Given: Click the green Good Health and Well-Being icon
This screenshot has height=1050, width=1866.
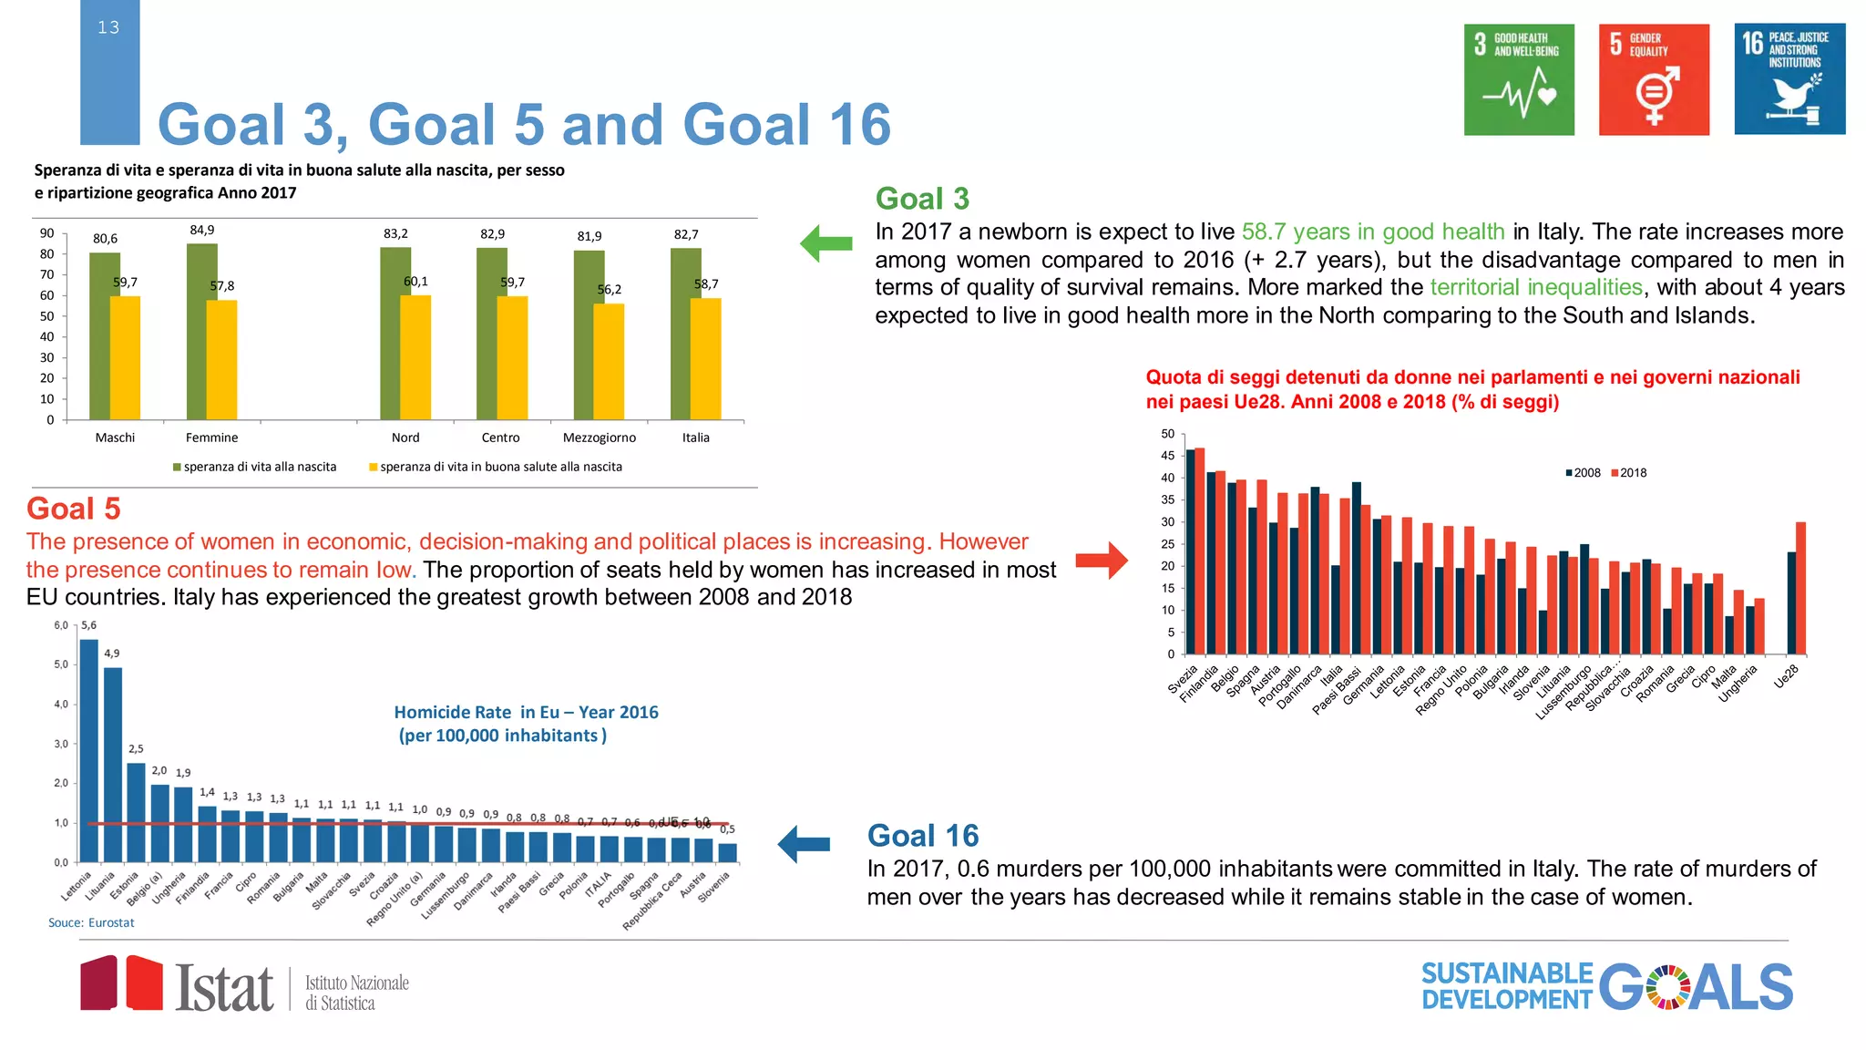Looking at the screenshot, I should tap(1519, 79).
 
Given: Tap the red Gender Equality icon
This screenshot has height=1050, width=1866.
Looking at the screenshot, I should tap(1654, 79).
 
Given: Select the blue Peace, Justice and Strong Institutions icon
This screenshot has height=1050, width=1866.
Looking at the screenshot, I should tap(1789, 79).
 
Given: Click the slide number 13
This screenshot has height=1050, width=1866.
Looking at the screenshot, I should tap(108, 27).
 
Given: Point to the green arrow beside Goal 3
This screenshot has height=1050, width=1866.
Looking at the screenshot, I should tap(825, 243).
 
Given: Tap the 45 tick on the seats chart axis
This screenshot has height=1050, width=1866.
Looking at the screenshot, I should tap(1167, 456).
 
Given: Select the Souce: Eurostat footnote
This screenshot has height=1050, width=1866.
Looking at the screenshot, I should tap(91, 922).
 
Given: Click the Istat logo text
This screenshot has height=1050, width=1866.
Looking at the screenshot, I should tap(224, 988).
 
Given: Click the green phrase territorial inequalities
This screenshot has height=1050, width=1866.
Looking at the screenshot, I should tap(1535, 287).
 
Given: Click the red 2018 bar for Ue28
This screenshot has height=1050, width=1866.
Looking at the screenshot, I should tap(1800, 588).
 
